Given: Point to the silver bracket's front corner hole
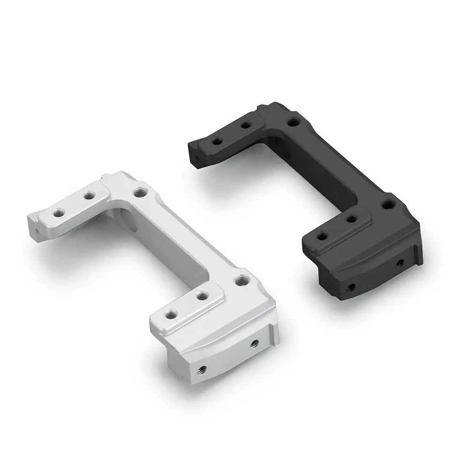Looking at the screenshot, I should pyautogui.click(x=242, y=280).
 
